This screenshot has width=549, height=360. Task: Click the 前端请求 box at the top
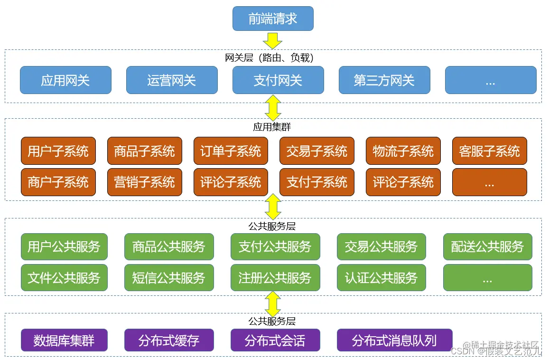[x=273, y=19]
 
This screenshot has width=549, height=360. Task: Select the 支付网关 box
[x=278, y=80]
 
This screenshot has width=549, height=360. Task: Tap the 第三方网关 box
[x=384, y=80]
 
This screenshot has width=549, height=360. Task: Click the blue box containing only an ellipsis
[x=491, y=80]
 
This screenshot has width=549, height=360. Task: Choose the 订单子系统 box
[x=231, y=151]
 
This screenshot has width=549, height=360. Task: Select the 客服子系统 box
[x=490, y=151]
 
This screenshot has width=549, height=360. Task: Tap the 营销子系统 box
[x=145, y=182]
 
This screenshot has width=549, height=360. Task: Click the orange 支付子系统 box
[x=317, y=182]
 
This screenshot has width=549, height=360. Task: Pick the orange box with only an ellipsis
[x=490, y=182]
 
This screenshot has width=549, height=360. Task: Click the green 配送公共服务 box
[x=487, y=246]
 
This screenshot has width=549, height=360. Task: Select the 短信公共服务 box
[x=169, y=277]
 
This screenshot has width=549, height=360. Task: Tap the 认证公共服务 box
[x=382, y=277]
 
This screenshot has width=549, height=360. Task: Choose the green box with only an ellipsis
[x=487, y=277]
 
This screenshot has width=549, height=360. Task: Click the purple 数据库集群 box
[x=64, y=340]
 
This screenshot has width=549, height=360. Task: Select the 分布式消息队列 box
[x=394, y=340]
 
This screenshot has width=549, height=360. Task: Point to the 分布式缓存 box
[x=169, y=340]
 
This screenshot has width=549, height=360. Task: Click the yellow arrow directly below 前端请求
[x=273, y=40]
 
